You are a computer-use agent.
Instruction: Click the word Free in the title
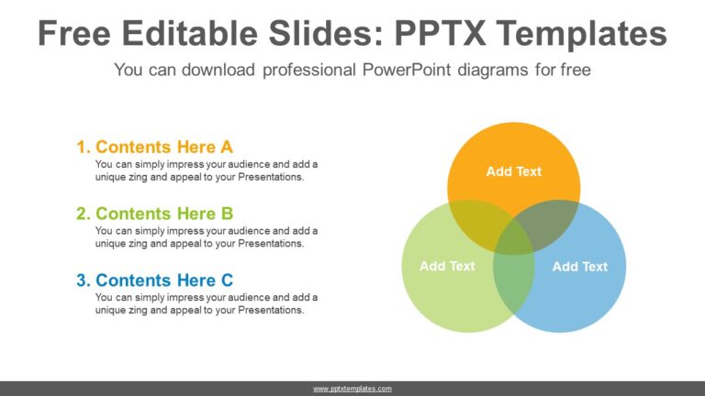(74, 33)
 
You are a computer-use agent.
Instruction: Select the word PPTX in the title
(441, 33)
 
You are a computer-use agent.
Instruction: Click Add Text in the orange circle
(514, 171)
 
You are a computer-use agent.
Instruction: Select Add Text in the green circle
(447, 266)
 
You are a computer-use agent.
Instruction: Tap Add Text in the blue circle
(580, 267)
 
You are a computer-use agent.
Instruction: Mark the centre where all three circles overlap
(514, 238)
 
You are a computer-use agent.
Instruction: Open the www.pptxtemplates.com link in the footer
(352, 389)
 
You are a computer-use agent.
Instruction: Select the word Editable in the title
(189, 33)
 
